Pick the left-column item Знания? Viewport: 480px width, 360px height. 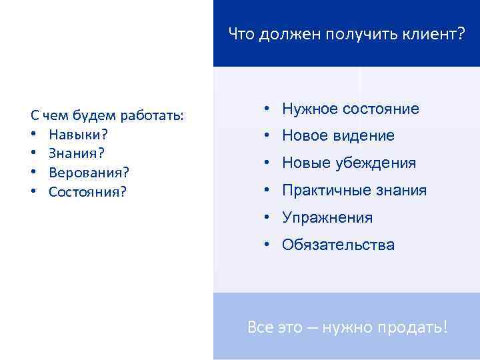click(x=76, y=153)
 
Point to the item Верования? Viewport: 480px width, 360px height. click(x=89, y=173)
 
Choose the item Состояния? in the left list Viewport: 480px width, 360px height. click(x=87, y=192)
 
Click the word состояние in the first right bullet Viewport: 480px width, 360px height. click(x=381, y=109)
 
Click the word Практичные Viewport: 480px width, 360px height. click(x=322, y=191)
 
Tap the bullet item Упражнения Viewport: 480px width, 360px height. click(x=327, y=218)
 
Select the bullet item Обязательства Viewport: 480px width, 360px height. click(x=338, y=245)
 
